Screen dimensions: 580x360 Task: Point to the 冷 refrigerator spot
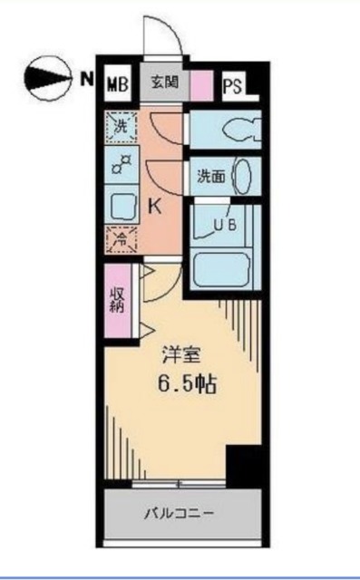pyautogui.click(x=121, y=239)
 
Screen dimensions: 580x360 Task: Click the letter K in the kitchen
pyautogui.click(x=155, y=206)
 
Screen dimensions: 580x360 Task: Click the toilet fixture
pyautogui.click(x=238, y=129)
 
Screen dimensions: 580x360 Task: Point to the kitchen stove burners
pyautogui.click(x=121, y=166)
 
